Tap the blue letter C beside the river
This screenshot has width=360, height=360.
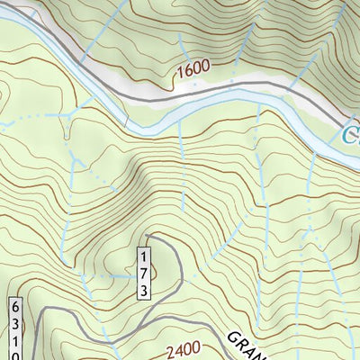351,136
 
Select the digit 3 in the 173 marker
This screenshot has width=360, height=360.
144,287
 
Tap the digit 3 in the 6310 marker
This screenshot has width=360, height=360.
16,324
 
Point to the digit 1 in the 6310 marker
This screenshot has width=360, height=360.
16,339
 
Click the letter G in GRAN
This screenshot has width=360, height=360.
231,335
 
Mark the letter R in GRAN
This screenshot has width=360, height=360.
240,342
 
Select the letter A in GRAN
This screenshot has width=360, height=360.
248,348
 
